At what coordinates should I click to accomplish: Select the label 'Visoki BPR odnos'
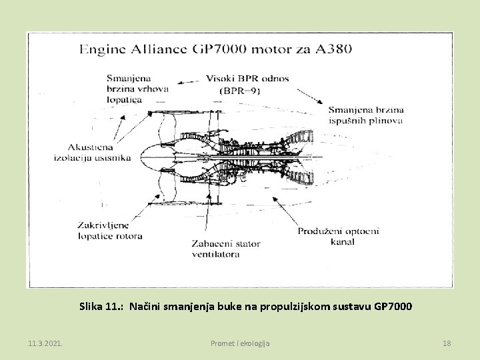click(x=248, y=78)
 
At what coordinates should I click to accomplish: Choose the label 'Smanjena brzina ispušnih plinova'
click(x=365, y=115)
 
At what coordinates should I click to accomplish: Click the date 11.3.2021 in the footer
click(x=45, y=343)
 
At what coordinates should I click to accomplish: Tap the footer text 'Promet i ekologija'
click(x=240, y=343)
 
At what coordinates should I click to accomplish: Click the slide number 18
click(x=447, y=343)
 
